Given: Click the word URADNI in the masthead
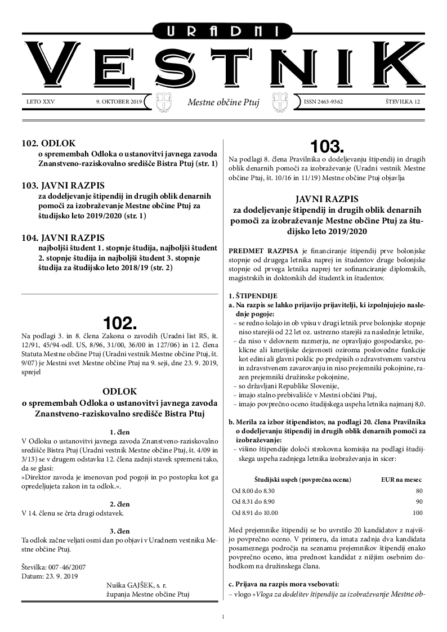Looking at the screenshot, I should [x=223, y=32].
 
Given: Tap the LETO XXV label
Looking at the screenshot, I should [x=41, y=102].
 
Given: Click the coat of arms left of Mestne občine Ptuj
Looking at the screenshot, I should [x=163, y=102].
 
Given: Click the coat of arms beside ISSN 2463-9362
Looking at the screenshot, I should [x=280, y=102].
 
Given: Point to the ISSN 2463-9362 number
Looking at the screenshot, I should [x=323, y=102].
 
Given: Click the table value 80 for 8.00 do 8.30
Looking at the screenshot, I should [x=418, y=491].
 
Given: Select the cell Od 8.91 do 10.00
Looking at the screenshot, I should [x=255, y=513].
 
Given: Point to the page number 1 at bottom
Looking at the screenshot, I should [x=223, y=617].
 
